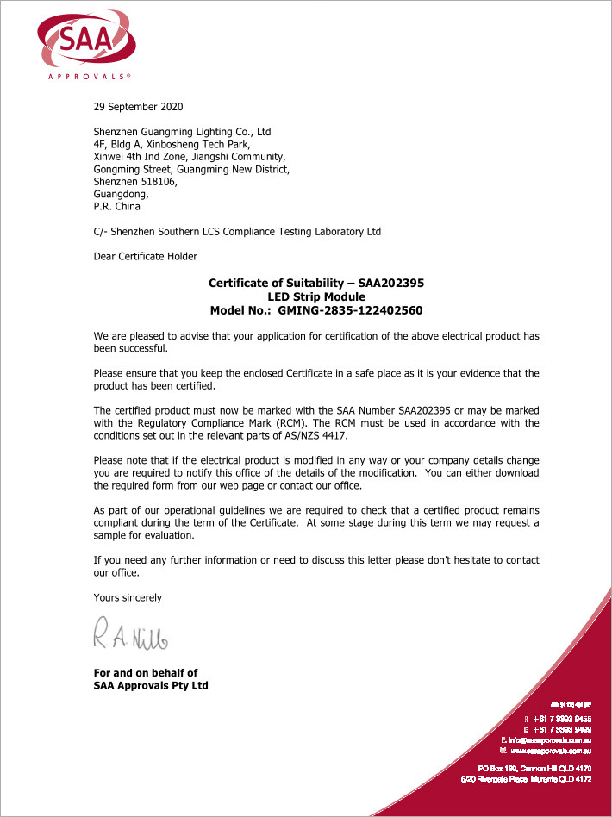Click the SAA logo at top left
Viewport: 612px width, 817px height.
click(84, 39)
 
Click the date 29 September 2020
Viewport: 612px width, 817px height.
click(138, 107)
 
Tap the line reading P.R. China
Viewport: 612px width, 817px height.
click(116, 207)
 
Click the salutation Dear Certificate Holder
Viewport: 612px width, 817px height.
click(145, 256)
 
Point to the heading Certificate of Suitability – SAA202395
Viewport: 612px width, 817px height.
click(316, 283)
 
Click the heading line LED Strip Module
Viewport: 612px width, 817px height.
click(316, 296)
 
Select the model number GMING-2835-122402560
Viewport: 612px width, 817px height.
click(351, 309)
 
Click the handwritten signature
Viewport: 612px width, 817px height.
click(131, 636)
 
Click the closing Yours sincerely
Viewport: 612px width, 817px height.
click(128, 597)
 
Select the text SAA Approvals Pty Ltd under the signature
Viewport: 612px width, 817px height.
click(150, 686)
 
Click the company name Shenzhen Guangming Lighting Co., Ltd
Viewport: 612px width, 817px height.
click(182, 132)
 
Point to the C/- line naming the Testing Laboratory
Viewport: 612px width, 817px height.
click(237, 231)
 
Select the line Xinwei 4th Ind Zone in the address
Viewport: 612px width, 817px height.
click(188, 157)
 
